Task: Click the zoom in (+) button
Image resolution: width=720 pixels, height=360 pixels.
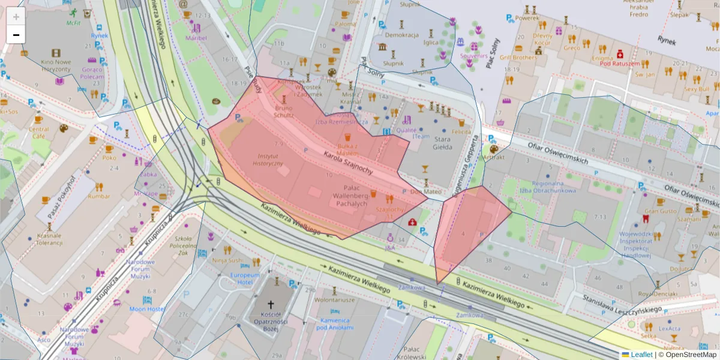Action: tap(16, 17)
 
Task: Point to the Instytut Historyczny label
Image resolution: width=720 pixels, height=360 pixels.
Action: tap(268, 159)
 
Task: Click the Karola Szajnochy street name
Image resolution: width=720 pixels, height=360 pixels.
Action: tap(348, 163)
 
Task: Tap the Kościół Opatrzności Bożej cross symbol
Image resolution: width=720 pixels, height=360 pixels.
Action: tap(271, 305)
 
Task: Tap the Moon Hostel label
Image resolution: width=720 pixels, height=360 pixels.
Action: tap(146, 309)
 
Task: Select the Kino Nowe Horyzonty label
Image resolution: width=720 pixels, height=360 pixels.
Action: tap(55, 65)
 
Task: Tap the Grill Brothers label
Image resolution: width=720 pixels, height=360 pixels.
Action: tap(518, 58)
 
